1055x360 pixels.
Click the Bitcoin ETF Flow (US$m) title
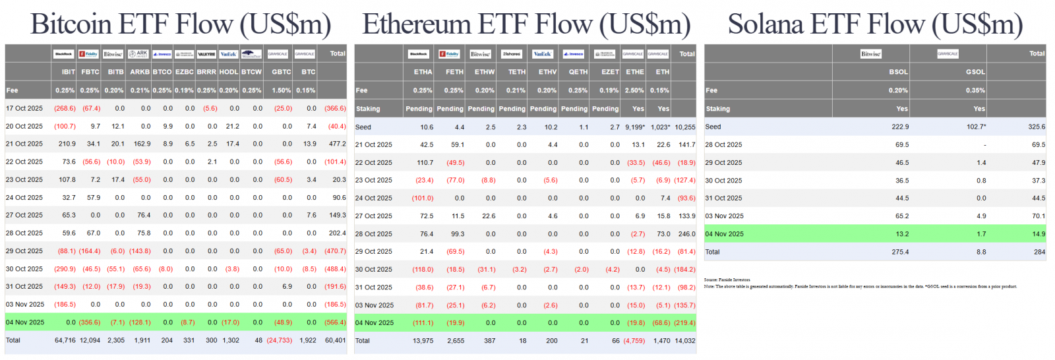pos(181,24)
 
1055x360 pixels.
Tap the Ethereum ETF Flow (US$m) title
pos(526,24)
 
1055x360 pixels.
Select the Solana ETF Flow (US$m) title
pos(875,24)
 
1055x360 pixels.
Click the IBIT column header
pos(68,72)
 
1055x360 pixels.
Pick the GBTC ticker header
pos(282,72)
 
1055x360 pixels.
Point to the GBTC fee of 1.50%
pos(282,90)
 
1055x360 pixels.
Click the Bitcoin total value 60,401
pos(335,340)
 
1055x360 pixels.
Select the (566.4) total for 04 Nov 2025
pos(335,322)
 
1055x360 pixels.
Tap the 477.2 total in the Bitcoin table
pos(337,144)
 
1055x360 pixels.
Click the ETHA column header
pos(423,72)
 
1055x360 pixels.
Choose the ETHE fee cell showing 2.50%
pos(635,90)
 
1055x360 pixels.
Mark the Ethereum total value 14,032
pos(685,341)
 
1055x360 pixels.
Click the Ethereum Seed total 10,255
pos(685,127)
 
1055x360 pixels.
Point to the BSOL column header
pos(898,72)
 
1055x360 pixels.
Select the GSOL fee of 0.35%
pos(975,90)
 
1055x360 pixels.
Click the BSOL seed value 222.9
pos(900,127)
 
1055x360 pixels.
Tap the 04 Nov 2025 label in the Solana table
pos(724,233)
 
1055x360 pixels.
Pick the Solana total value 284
pos(1039,252)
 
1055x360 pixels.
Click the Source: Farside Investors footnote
pos(727,280)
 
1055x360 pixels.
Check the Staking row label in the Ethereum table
pos(368,109)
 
